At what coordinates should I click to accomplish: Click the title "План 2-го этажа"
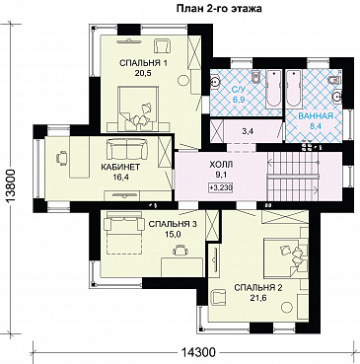tap(219, 9)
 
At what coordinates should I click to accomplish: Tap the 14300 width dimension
tap(198, 352)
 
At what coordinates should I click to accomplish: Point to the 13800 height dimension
tap(11, 187)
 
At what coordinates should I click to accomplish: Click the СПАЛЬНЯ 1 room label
tap(143, 63)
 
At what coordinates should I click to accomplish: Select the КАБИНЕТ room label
tap(120, 167)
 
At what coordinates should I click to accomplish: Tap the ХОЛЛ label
tap(221, 164)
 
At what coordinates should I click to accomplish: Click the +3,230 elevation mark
tap(221, 187)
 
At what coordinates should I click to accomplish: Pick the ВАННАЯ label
tap(316, 115)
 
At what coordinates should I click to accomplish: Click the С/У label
tap(237, 89)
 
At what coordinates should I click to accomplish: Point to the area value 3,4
tap(248, 132)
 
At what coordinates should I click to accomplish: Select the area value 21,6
tap(257, 299)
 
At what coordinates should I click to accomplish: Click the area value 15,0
tap(173, 234)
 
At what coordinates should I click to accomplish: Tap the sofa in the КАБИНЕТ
tap(126, 149)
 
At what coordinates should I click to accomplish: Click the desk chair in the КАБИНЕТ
tap(62, 157)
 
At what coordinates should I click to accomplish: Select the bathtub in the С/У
tap(273, 89)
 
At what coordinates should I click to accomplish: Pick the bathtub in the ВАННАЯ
tap(294, 89)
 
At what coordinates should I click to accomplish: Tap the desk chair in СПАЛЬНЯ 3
tap(180, 250)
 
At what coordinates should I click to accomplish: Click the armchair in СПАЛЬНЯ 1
tap(163, 45)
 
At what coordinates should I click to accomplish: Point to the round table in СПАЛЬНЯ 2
tap(288, 308)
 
